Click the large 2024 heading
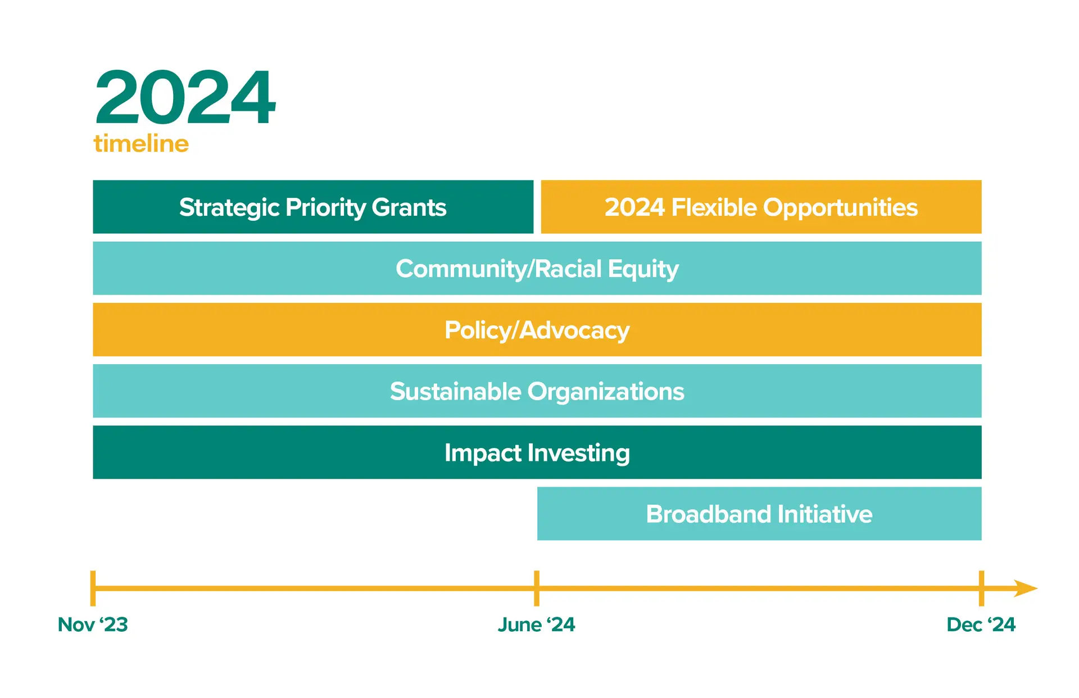tap(185, 97)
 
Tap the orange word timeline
tap(141, 143)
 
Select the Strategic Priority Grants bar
tap(313, 207)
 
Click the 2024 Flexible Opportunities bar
tap(761, 207)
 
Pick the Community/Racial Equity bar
tap(537, 268)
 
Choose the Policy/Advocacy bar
tap(537, 329)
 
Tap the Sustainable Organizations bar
tap(537, 391)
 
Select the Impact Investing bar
tap(537, 452)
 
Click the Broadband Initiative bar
tap(759, 514)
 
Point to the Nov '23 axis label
tap(93, 624)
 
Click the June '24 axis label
tap(537, 624)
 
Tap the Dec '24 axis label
tap(981, 624)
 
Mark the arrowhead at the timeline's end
tap(1026, 588)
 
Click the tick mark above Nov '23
tap(93, 588)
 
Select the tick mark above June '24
tap(537, 588)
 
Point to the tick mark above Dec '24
tap(981, 588)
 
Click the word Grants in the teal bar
tap(409, 207)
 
